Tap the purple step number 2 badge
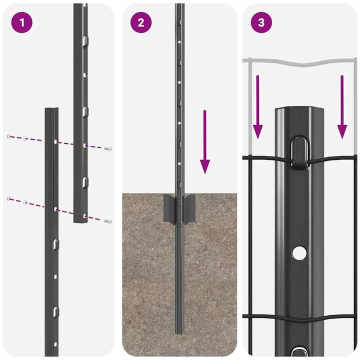pyautogui.click(x=141, y=23)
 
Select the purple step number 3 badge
pyautogui.click(x=261, y=23)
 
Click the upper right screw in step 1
pyautogui.click(x=108, y=148)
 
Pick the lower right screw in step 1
pyautogui.click(x=108, y=220)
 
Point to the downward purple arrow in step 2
pyautogui.click(x=205, y=142)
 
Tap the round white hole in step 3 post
pyautogui.click(x=298, y=253)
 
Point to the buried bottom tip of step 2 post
pyautogui.click(x=178, y=330)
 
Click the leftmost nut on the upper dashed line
pyautogui.click(x=8, y=135)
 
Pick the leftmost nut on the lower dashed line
pyautogui.click(x=8, y=199)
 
